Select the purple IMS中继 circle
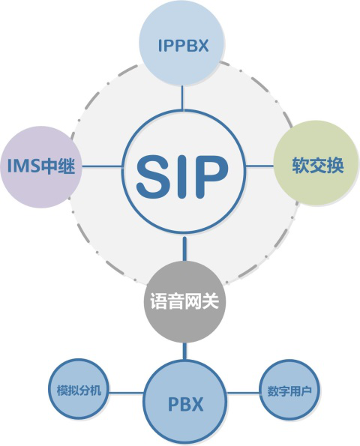[41, 167]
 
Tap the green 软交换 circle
[316, 163]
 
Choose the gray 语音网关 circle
[185, 301]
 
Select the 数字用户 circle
[289, 391]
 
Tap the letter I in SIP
[182, 177]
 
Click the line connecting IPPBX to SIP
[182, 98]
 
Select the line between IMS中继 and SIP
[103, 166]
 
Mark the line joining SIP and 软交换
[259, 166]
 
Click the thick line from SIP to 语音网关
[185, 249]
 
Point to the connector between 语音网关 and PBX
[185, 352]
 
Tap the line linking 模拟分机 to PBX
[126, 393]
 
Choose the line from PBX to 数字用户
[243, 393]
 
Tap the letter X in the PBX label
[196, 404]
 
